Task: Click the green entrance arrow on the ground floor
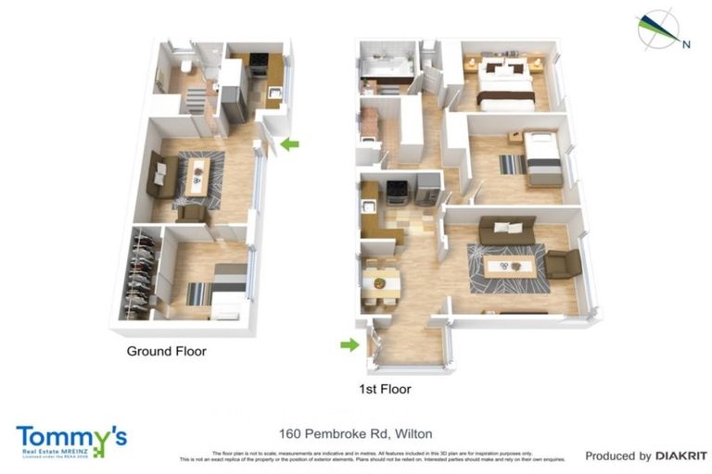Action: pyautogui.click(x=290, y=143)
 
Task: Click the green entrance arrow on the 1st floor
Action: pyautogui.click(x=350, y=344)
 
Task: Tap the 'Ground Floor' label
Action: pyautogui.click(x=166, y=352)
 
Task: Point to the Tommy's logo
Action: pyautogui.click(x=70, y=440)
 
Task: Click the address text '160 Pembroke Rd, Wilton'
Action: pyautogui.click(x=356, y=433)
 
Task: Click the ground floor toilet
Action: pyautogui.click(x=186, y=67)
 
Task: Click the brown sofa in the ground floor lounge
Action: pyautogui.click(x=159, y=173)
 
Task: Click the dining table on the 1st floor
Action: pyautogui.click(x=381, y=281)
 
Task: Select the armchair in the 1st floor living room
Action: pyautogui.click(x=563, y=266)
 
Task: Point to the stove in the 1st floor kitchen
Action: pyautogui.click(x=397, y=191)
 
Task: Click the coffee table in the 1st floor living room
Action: pyautogui.click(x=509, y=267)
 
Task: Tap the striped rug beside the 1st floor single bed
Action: pyautogui.click(x=511, y=165)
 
